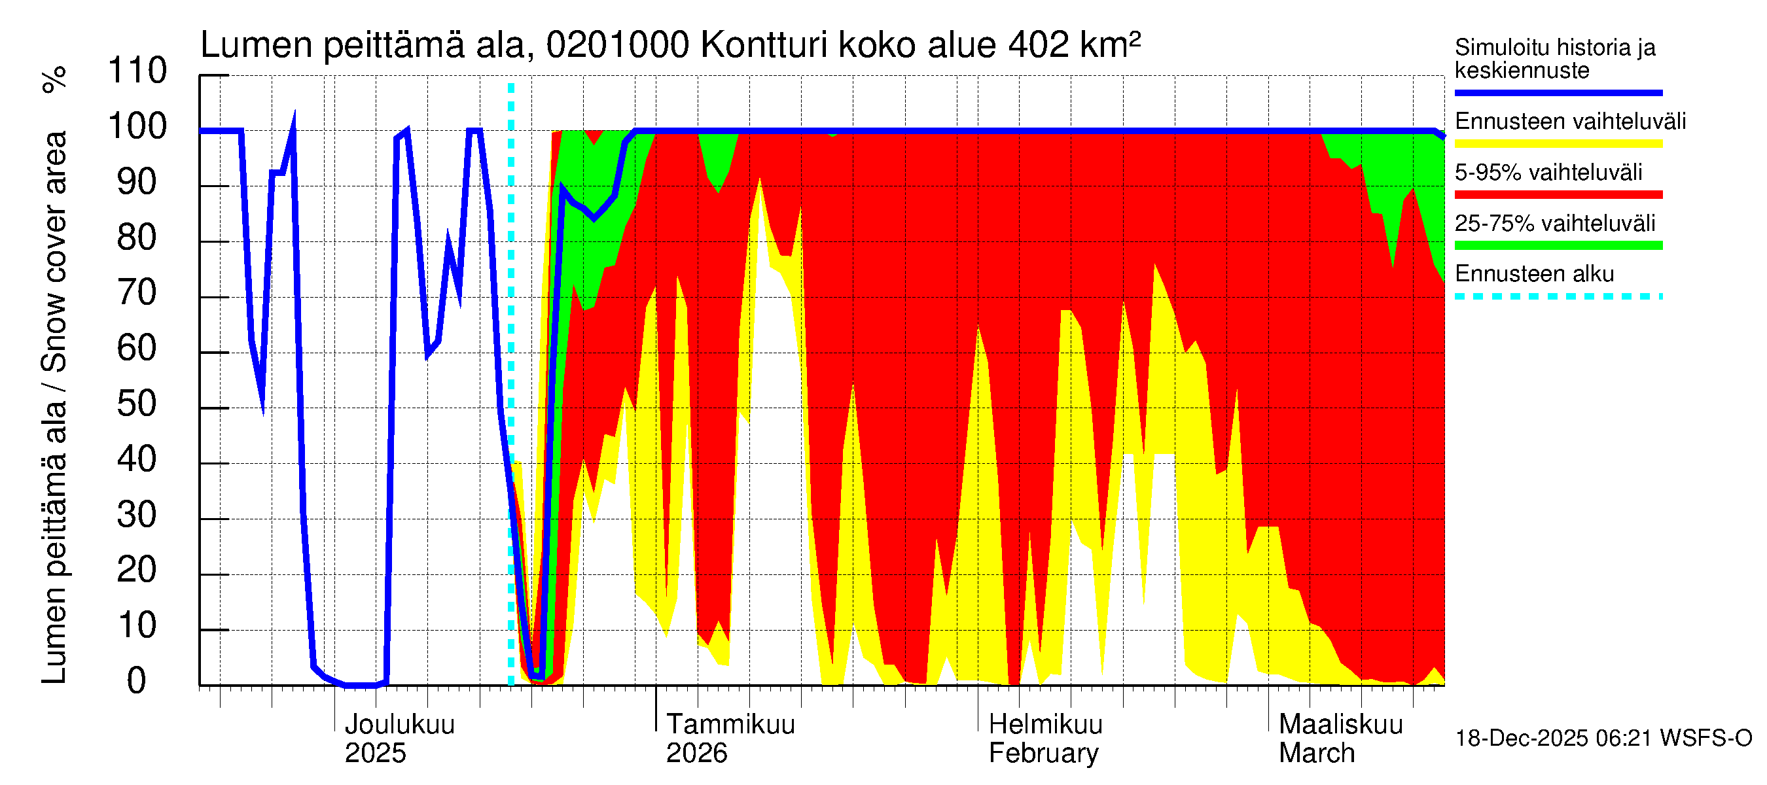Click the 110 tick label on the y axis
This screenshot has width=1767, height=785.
coord(137,71)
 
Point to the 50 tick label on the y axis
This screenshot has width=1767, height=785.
coord(137,404)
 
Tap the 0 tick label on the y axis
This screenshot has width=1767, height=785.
coord(137,681)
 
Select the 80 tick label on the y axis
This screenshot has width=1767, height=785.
coord(137,237)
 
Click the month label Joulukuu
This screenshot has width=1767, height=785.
coord(399,725)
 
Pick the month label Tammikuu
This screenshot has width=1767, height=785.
coord(730,725)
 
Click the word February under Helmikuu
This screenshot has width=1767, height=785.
coord(1043,754)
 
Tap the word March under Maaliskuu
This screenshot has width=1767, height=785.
coord(1316,754)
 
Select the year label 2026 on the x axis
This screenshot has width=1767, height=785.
coord(696,754)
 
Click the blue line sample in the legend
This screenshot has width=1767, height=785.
coord(1558,92)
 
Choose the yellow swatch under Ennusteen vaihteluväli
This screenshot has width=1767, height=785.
coord(1558,144)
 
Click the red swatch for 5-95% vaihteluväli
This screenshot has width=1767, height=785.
coord(1558,195)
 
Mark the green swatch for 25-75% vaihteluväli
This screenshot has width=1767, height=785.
coord(1558,245)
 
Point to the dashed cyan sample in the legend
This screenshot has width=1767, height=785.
coord(1558,297)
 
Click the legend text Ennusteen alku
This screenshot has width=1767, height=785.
coord(1534,274)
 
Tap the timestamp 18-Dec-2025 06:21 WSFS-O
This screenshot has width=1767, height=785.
coord(1603,739)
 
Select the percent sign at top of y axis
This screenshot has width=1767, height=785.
coord(55,79)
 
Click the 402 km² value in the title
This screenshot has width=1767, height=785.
coord(1074,45)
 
